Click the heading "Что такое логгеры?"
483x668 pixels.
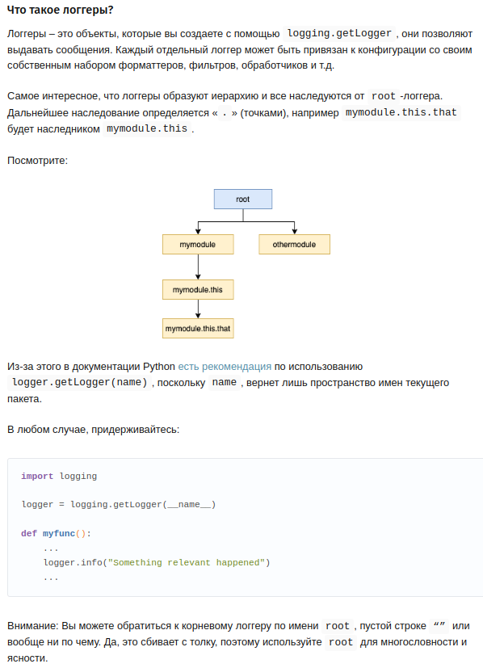tap(60, 10)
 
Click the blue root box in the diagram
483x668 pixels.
tap(243, 199)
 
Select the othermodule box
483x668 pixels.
tap(294, 244)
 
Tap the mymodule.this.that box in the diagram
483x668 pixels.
tap(198, 329)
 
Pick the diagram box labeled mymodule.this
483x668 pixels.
tap(198, 290)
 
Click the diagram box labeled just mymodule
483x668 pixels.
tap(198, 244)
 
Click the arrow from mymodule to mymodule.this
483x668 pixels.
tap(198, 267)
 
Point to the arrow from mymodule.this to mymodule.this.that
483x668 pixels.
tap(198, 309)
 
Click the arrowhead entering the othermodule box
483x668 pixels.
tap(294, 231)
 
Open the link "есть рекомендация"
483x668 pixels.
tap(225, 367)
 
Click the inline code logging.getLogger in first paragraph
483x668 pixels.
tap(339, 33)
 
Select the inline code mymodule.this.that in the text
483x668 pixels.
tap(401, 112)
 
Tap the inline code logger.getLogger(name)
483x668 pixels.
tap(80, 382)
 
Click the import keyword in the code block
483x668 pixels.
tap(37, 476)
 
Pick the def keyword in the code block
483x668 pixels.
tap(29, 533)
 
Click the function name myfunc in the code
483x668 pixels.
tap(59, 533)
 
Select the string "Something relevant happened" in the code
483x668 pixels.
tap(187, 562)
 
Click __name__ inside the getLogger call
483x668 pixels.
tap(189, 504)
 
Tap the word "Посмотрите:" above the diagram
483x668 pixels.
tap(37, 161)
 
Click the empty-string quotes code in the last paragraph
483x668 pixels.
tap(439, 625)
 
